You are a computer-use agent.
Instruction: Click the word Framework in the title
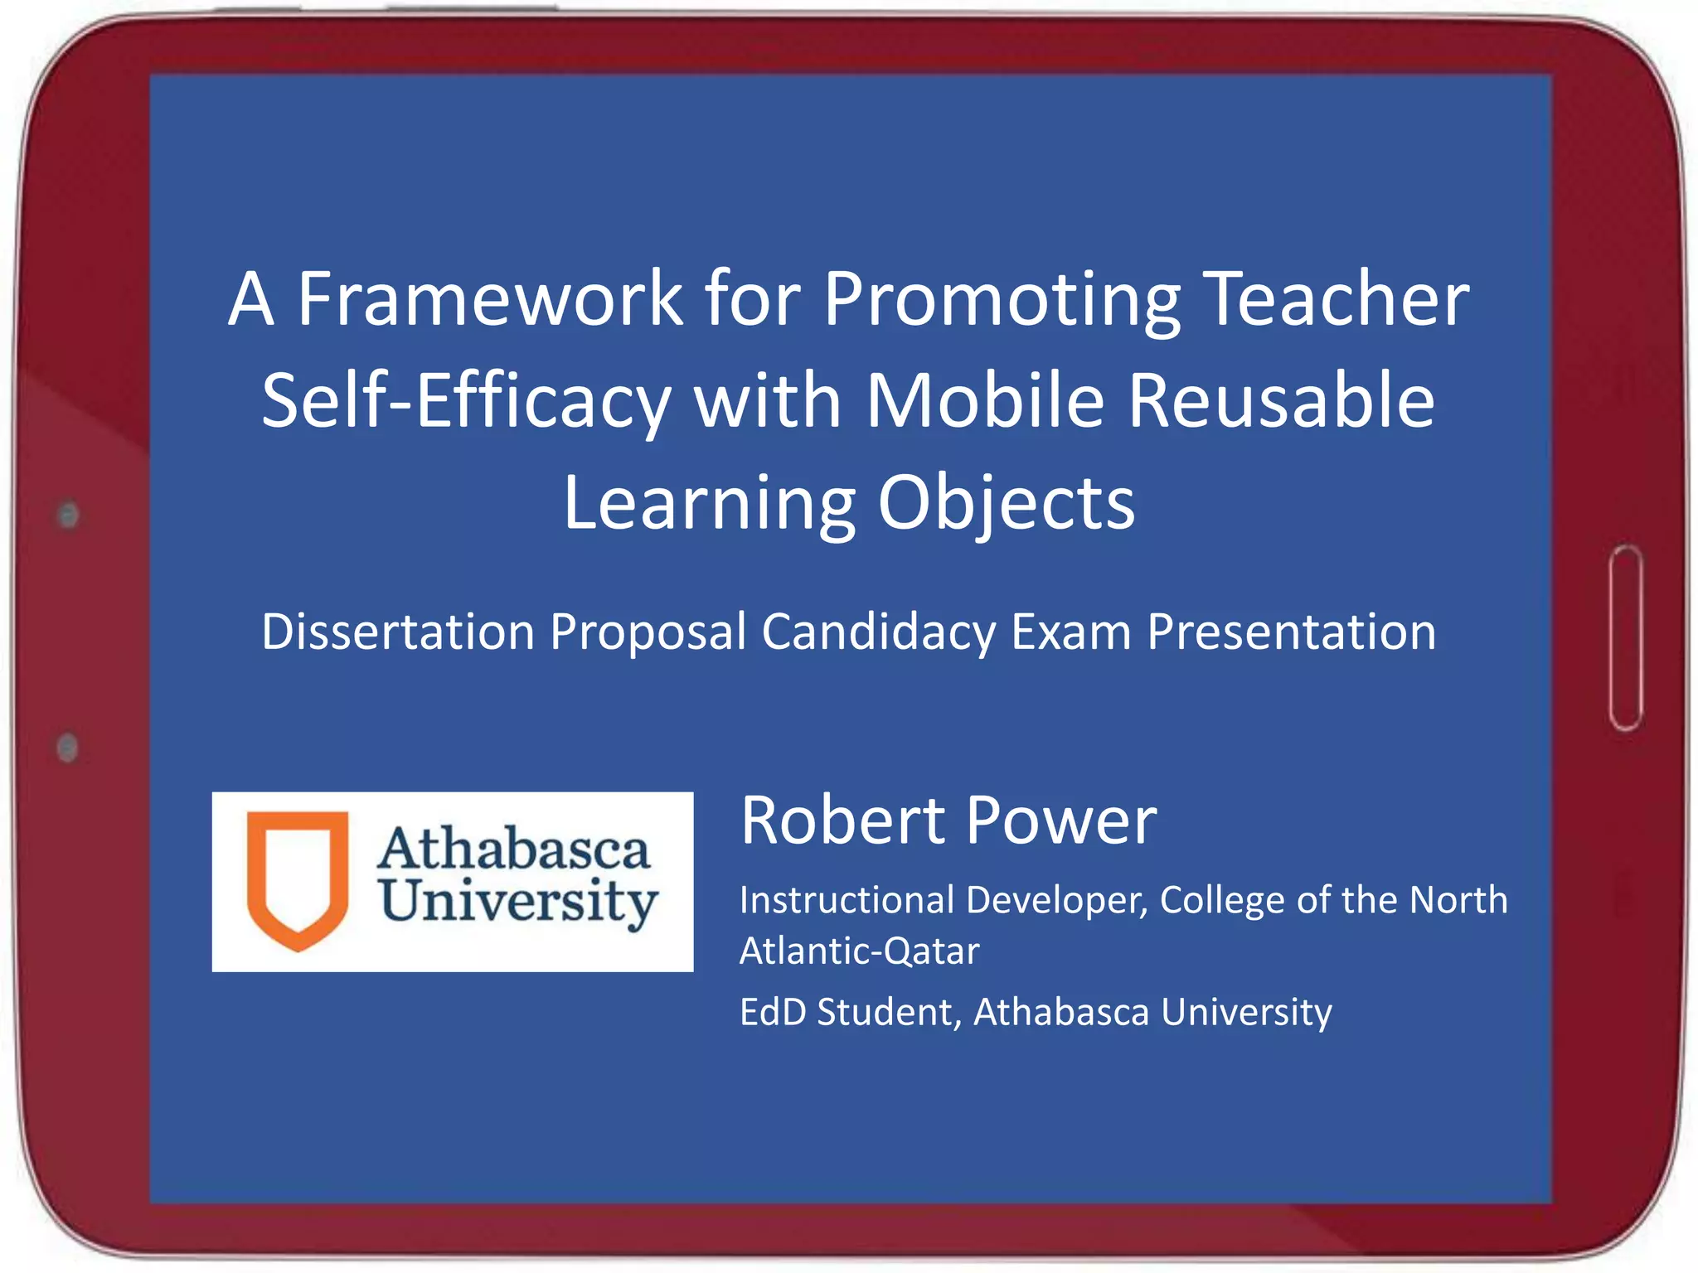coord(490,299)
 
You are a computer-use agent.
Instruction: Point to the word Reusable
coord(1281,401)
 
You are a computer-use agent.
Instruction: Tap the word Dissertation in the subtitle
coord(398,632)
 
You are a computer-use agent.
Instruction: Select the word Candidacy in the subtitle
coord(878,632)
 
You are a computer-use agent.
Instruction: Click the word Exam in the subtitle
coord(1071,632)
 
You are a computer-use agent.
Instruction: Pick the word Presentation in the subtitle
coord(1291,632)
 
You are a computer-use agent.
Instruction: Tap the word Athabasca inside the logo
coord(514,849)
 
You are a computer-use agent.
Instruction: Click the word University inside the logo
coord(519,902)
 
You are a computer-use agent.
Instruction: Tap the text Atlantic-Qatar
coord(859,951)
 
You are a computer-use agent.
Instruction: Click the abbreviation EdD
coord(772,1012)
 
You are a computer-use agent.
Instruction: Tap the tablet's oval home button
coord(1626,638)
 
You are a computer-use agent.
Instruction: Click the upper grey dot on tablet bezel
coord(69,515)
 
